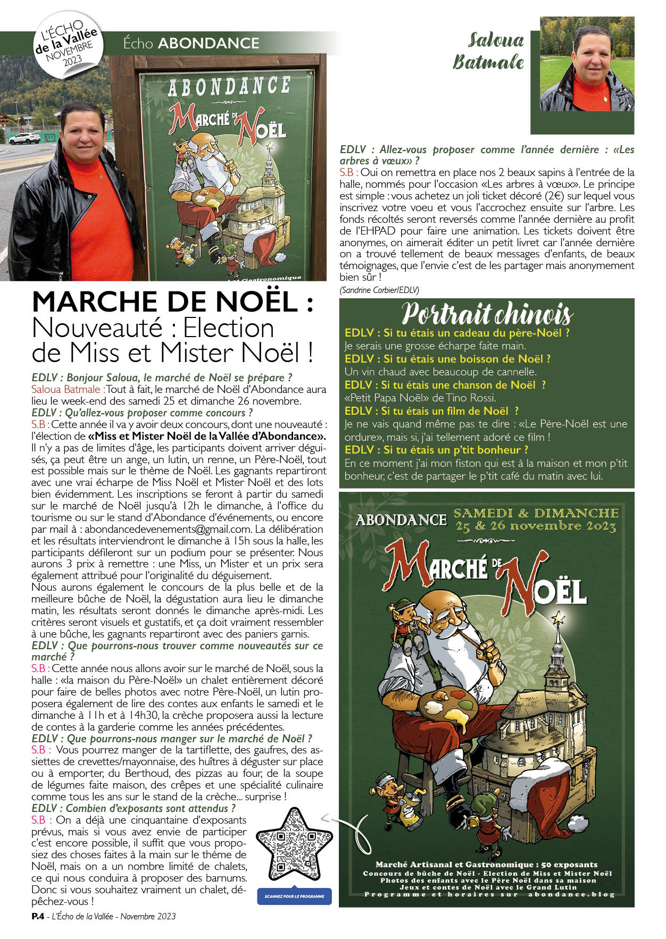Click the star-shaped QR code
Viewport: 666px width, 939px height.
(294, 845)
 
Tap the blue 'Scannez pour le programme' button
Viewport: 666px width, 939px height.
(294, 896)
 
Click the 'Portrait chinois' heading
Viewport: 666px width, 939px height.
(487, 313)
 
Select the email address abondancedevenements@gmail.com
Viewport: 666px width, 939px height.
(168, 529)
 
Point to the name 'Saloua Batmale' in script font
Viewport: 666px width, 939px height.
(488, 51)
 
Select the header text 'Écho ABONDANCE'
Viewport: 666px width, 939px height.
(191, 43)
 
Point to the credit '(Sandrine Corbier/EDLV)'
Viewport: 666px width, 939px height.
(379, 290)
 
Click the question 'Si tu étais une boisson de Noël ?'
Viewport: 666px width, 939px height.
(447, 359)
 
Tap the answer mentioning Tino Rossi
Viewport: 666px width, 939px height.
(420, 398)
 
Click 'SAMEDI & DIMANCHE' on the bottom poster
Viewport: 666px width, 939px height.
(536, 513)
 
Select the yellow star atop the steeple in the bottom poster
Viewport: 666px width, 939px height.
(558, 618)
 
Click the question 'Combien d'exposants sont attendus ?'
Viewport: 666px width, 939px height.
(134, 808)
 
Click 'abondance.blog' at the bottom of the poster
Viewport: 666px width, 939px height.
(571, 894)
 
